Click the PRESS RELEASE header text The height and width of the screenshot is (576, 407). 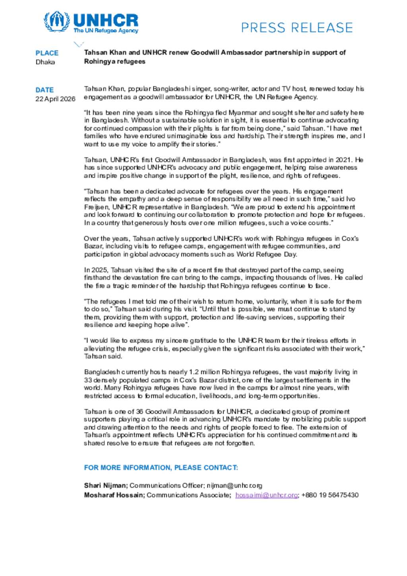[x=297, y=27]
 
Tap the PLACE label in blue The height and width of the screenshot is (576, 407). [x=47, y=53]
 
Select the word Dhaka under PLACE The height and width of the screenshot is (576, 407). [x=45, y=62]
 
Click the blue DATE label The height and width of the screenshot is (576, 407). [x=45, y=90]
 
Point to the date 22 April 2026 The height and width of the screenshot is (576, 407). [x=55, y=99]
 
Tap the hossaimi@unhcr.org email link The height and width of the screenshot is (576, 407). [x=266, y=495]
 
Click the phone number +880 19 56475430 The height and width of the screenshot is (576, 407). [x=330, y=495]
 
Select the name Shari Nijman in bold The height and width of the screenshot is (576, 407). [x=105, y=485]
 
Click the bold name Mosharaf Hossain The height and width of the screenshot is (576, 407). [x=114, y=495]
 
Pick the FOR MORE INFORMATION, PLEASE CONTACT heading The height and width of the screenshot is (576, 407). [x=161, y=467]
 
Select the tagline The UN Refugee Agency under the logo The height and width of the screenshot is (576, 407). [x=106, y=31]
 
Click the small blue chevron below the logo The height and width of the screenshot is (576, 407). [x=79, y=44]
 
